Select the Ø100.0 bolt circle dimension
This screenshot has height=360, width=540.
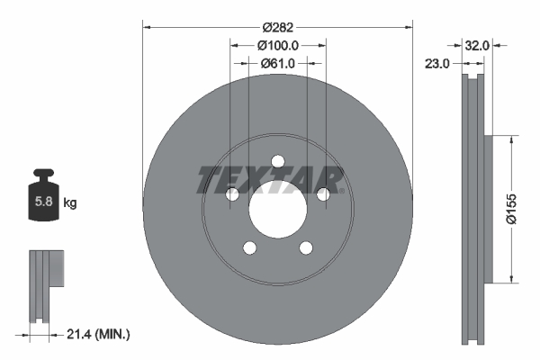point(277,44)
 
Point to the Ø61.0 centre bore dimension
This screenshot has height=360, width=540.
point(277,63)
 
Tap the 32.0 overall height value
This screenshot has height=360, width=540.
point(476,44)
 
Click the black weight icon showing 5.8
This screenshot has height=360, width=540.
point(42,199)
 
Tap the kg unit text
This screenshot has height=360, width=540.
point(70,203)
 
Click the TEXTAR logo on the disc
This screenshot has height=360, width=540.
point(271,179)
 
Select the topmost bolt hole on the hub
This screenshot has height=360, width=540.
point(277,161)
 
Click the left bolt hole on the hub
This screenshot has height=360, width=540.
point(231,194)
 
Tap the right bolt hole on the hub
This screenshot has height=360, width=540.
point(323,194)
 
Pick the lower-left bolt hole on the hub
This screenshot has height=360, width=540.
point(249,248)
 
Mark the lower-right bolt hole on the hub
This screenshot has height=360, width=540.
point(305,248)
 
